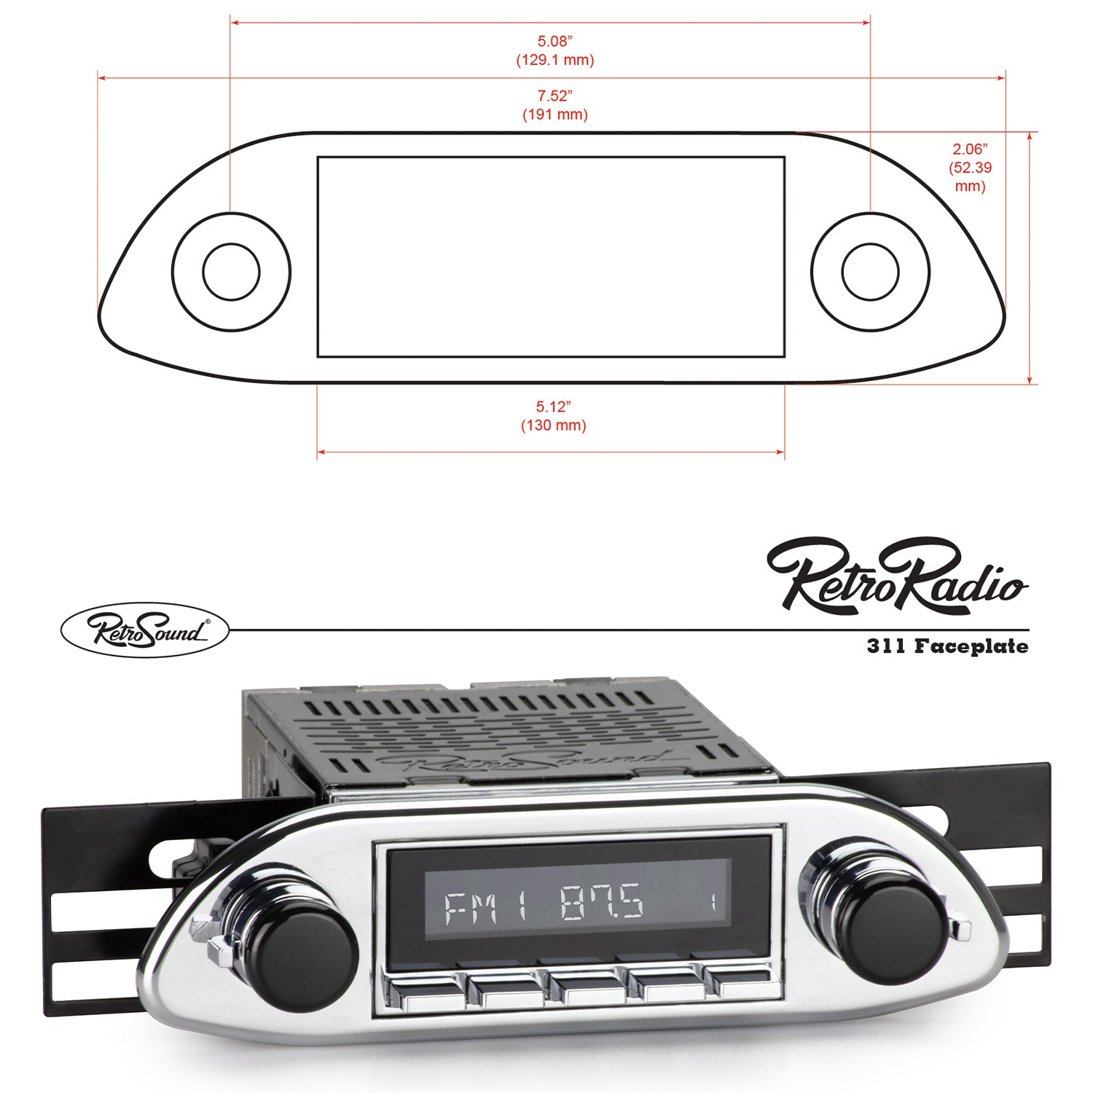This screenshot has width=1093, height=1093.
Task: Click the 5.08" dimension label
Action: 555,42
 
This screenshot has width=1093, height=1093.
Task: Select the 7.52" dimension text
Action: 555,95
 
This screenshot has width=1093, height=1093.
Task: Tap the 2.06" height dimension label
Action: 970,149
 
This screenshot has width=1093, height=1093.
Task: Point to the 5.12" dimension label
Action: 554,407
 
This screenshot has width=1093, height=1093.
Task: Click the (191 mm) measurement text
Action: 555,114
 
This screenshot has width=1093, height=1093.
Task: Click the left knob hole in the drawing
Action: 231,271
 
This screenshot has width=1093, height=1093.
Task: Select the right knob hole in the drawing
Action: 870,271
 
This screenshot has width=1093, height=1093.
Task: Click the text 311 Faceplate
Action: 947,646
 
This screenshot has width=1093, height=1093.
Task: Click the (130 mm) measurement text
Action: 554,426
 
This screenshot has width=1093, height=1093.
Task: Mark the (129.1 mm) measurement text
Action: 555,60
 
